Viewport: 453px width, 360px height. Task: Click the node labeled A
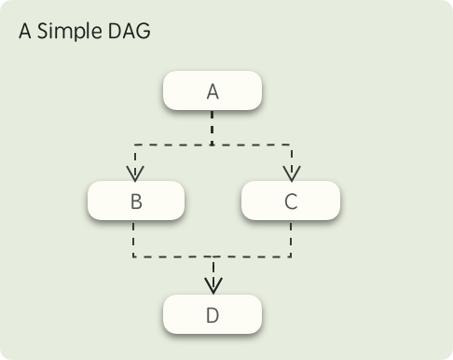pos(213,90)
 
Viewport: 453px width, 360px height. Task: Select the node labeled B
pos(136,201)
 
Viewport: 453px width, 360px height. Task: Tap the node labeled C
pos(291,201)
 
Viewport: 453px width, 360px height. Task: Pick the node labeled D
pos(213,314)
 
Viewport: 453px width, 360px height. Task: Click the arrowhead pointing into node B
pos(135,173)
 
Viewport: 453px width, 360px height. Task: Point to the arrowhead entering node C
pos(292,173)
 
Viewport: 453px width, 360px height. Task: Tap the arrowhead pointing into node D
pos(213,286)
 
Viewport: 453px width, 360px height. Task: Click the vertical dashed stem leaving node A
pos(212,128)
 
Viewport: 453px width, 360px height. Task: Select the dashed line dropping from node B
pos(133,239)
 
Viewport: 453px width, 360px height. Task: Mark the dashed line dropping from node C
pos(291,239)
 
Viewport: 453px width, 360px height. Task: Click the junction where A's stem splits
pos(212,145)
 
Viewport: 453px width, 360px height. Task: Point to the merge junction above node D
pos(213,256)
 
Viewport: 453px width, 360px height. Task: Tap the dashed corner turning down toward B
pos(135,145)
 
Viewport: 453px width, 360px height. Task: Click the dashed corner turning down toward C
pos(292,145)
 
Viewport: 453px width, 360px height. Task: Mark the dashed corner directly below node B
pos(133,256)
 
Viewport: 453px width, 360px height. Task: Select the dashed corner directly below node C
pos(291,256)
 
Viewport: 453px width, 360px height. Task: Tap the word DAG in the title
pos(129,31)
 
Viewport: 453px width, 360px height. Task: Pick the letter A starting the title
pos(25,31)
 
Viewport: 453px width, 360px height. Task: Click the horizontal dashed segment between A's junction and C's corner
pos(252,145)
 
